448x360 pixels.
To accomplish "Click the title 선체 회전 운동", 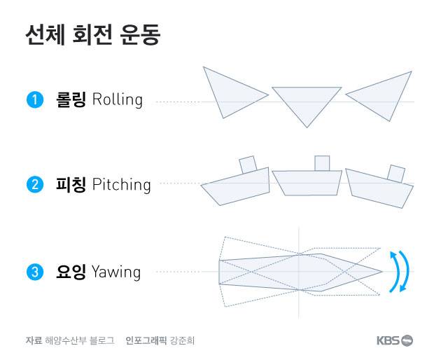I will pyautogui.click(x=92, y=36).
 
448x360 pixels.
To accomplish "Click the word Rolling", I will pyautogui.click(x=117, y=99).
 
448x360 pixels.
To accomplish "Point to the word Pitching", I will pyautogui.click(x=121, y=185).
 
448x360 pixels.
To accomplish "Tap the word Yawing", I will pyautogui.click(x=115, y=272).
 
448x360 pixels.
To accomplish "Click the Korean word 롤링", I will pyautogui.click(x=71, y=99).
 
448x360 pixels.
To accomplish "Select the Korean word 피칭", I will pyautogui.click(x=71, y=185).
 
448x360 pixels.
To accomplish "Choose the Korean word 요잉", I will pyautogui.click(x=71, y=272).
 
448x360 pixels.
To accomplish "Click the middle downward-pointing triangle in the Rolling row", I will pyautogui.click(x=306, y=102).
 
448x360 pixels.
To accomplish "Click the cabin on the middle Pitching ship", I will pyautogui.click(x=321, y=163).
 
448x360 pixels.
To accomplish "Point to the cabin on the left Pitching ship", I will pyautogui.click(x=248, y=164).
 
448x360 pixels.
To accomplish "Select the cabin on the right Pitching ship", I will pyautogui.click(x=396, y=172).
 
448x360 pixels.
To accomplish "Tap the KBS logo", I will pyautogui.click(x=394, y=340).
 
